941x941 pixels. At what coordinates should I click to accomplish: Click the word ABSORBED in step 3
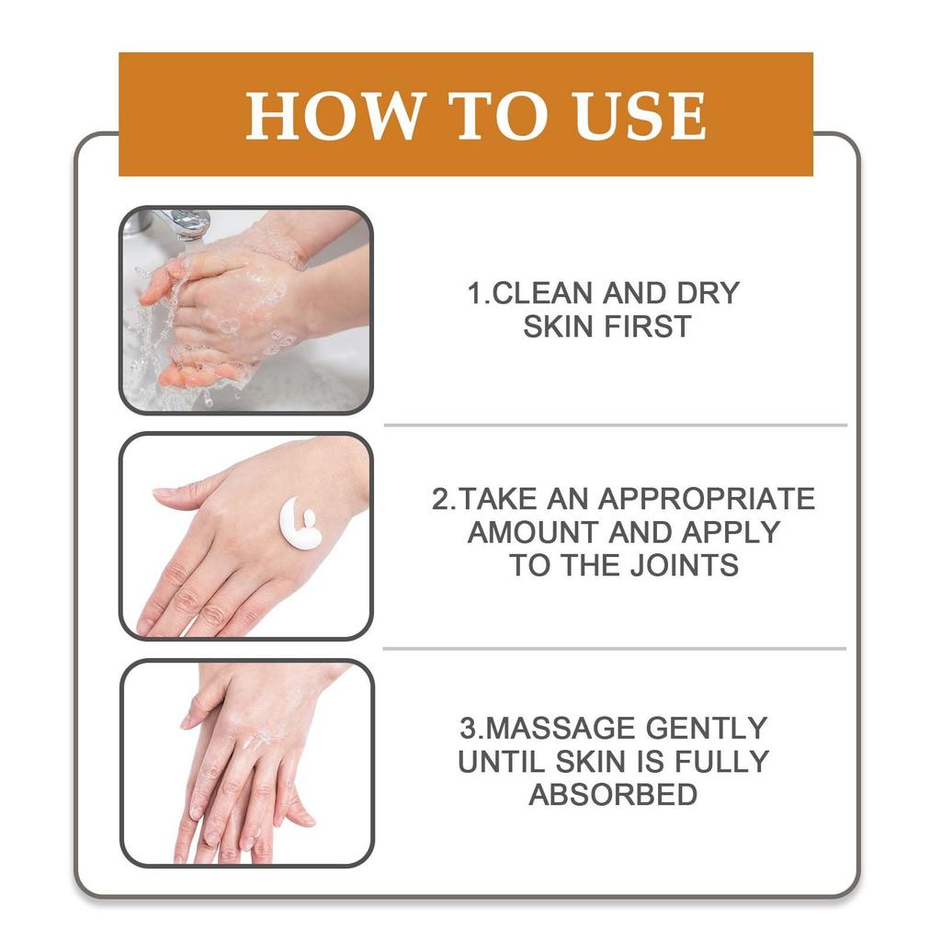point(613,795)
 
